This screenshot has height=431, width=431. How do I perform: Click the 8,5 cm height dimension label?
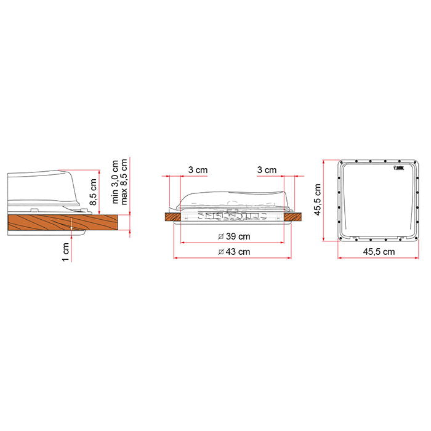coord(93,192)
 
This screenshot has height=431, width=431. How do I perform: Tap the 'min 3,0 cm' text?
coord(115,182)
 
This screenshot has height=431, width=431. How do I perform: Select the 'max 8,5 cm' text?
coord(124,182)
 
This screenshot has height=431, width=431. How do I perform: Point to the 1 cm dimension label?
coord(65,252)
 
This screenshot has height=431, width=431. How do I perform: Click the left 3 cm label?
coord(198,170)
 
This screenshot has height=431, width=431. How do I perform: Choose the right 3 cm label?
coord(267,170)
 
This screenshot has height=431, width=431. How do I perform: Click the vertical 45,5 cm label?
coord(318,199)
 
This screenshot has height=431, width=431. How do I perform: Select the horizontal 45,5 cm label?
coord(379,252)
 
